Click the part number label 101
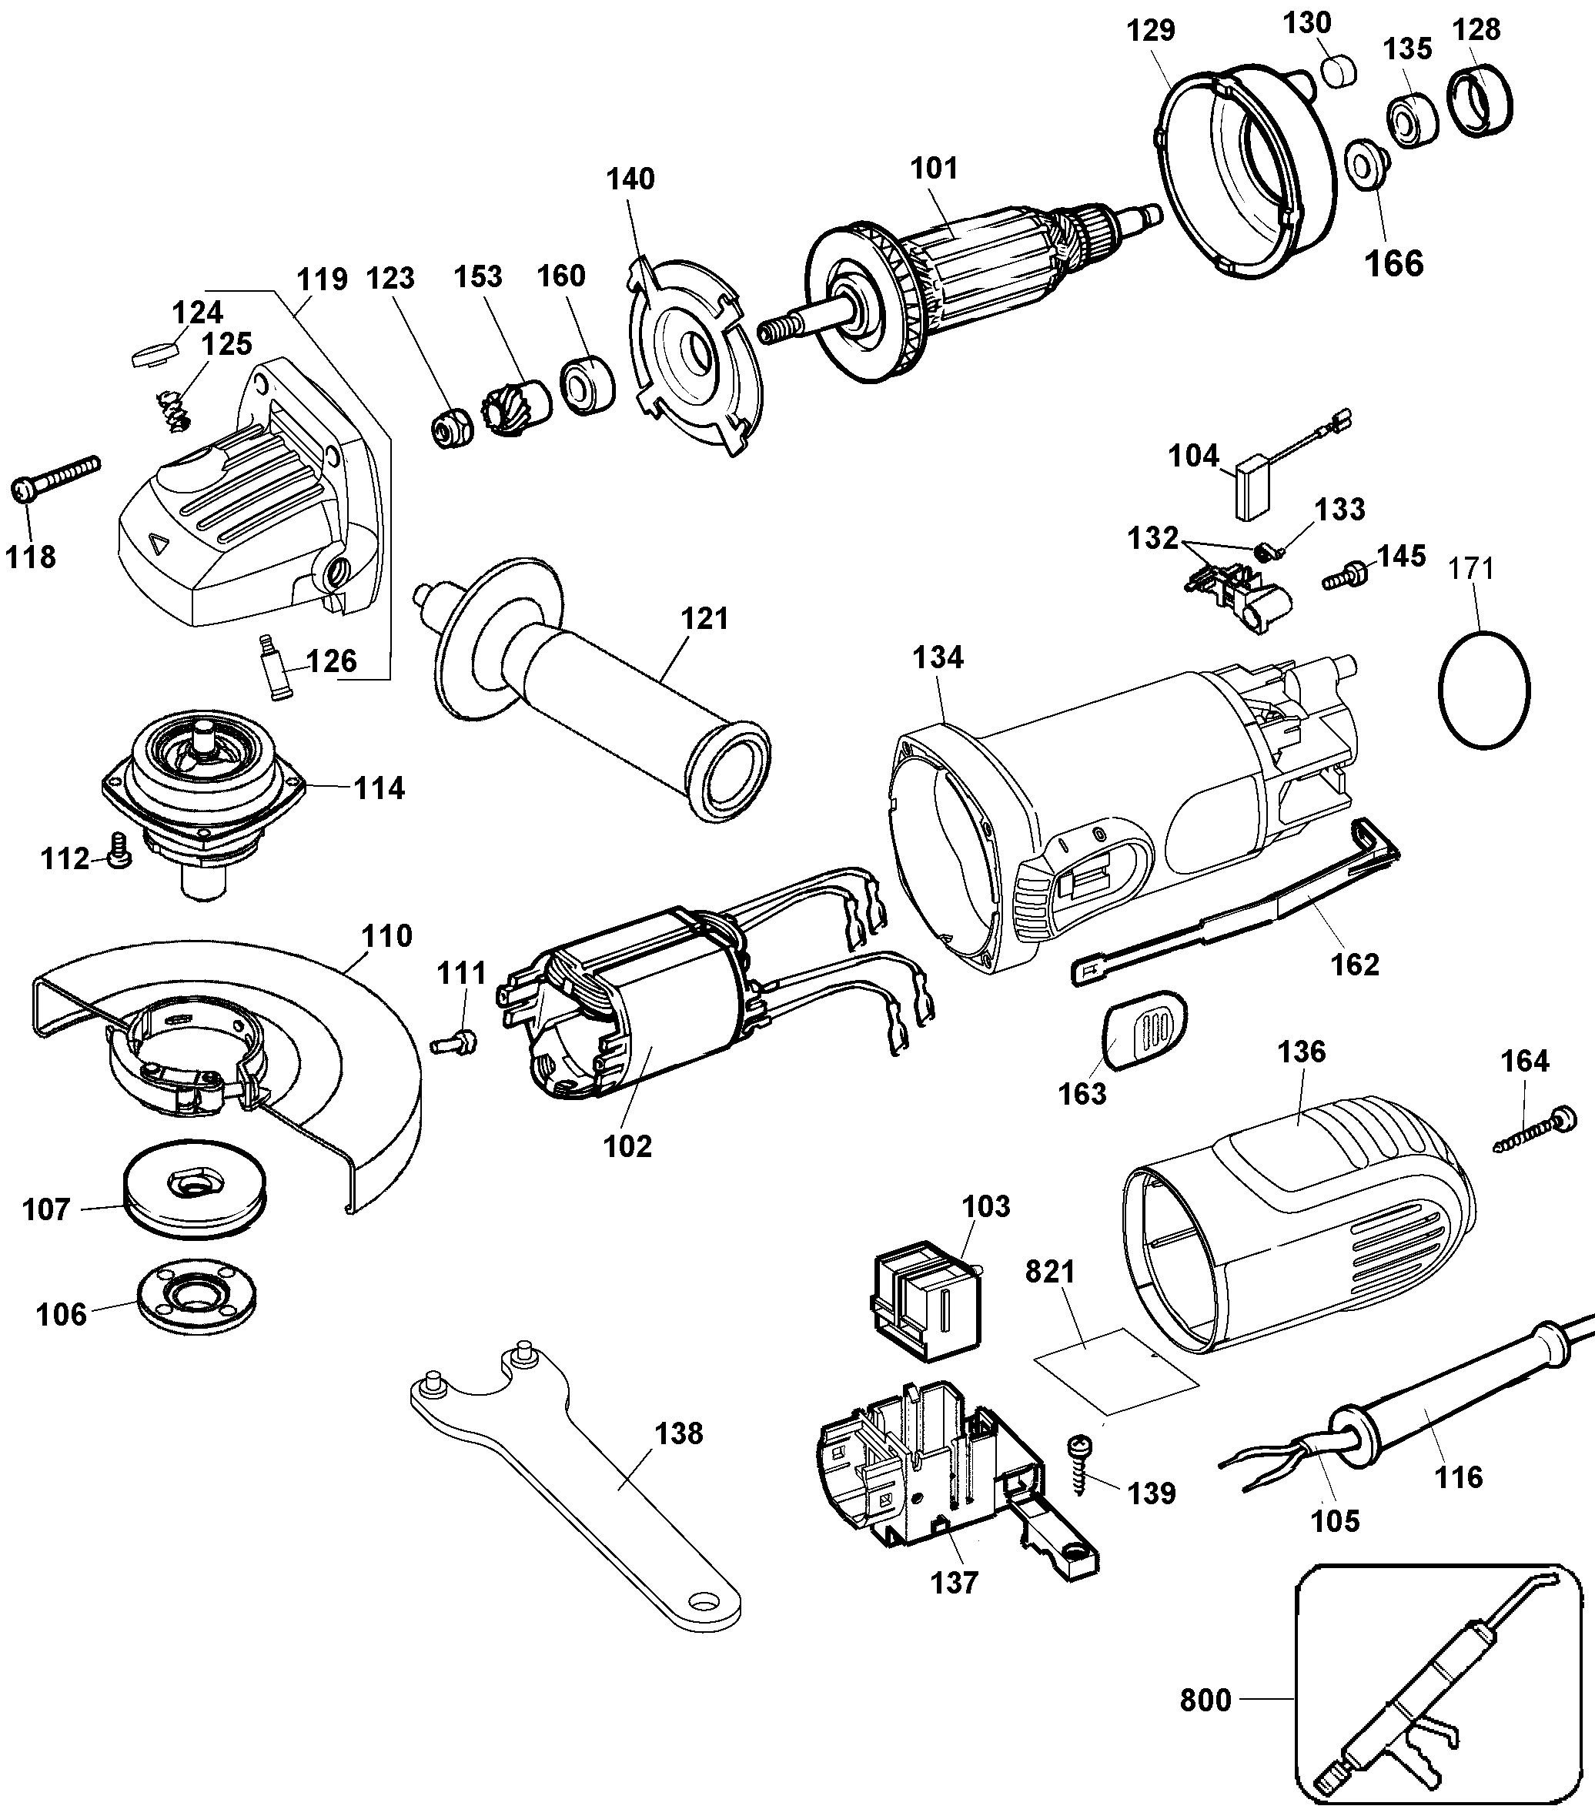[934, 168]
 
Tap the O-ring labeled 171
[1483, 690]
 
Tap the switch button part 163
[1144, 1030]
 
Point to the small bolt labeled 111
[454, 1042]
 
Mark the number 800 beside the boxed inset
[1205, 1700]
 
